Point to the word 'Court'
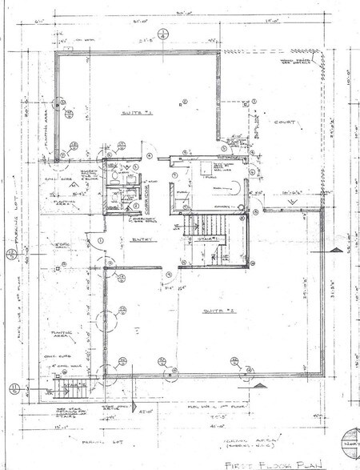(x=285, y=123)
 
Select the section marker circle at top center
(x=162, y=36)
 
